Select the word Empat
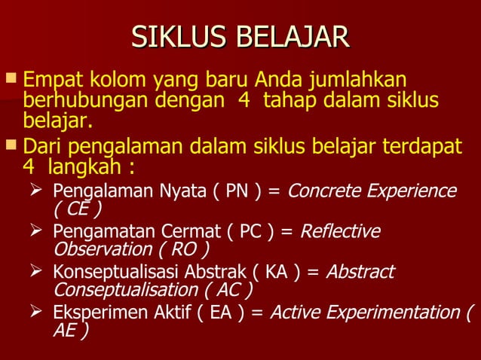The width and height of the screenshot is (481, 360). [x=53, y=79]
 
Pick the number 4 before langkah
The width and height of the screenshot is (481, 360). [x=29, y=163]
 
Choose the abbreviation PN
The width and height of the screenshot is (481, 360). [x=235, y=190]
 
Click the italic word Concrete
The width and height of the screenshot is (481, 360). [x=322, y=190]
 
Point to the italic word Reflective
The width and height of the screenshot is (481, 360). [x=340, y=230]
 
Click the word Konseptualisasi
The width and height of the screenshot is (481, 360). [x=109, y=272]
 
